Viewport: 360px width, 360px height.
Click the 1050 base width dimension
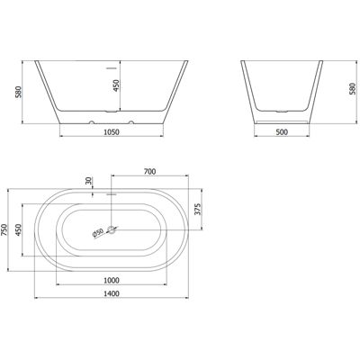(112, 131)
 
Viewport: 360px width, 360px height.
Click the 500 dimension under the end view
(282, 131)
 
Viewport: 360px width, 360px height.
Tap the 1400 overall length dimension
(112, 293)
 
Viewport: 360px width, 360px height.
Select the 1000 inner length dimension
(112, 280)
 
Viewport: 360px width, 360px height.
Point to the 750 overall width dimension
(4, 230)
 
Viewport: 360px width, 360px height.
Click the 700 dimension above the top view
(149, 171)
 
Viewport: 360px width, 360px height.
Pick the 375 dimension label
(197, 210)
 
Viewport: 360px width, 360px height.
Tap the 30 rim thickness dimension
(88, 181)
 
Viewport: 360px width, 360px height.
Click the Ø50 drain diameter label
(98, 233)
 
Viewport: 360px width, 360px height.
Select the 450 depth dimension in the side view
(116, 85)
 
